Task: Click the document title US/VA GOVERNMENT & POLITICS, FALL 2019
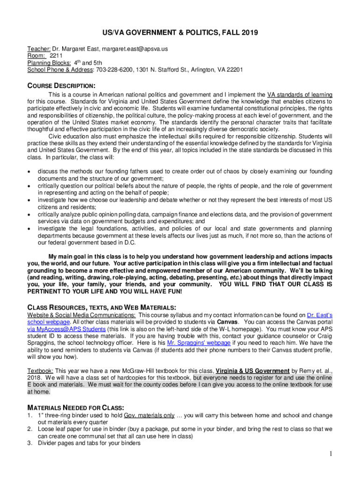(x=180, y=33)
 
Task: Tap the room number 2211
(x=57, y=55)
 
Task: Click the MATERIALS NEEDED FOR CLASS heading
(x=77, y=407)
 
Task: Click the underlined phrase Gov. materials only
(x=150, y=415)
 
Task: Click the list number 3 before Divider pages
(x=29, y=443)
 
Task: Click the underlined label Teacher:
(x=39, y=48)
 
